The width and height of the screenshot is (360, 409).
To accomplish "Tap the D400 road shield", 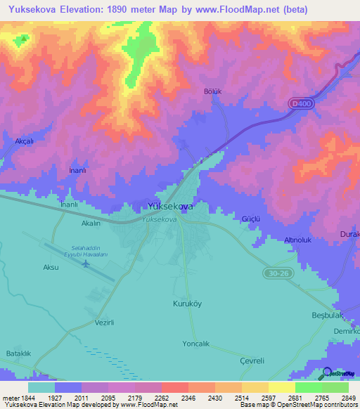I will [x=300, y=103].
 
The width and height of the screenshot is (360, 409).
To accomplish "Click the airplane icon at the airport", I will [x=86, y=264].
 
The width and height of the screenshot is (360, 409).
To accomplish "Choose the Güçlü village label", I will [x=251, y=219].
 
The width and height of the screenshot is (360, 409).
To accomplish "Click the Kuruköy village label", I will [x=187, y=304].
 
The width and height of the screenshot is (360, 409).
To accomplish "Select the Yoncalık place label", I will [x=196, y=335].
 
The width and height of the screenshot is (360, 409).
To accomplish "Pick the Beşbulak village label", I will [x=328, y=316].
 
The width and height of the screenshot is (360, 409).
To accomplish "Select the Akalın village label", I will [x=91, y=223].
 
